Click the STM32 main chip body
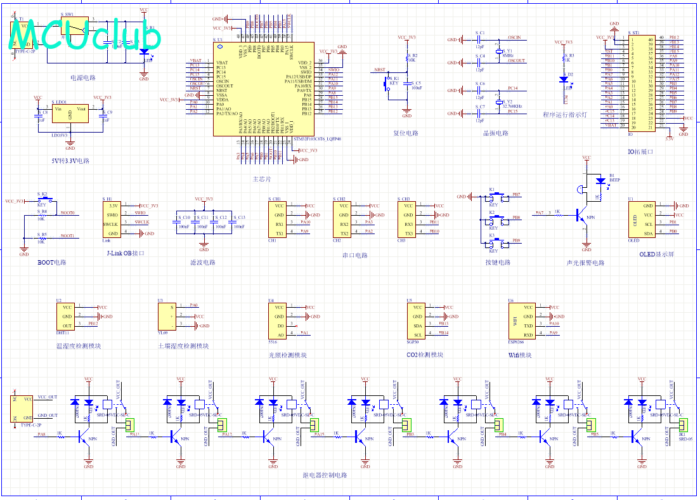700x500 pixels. [263, 89]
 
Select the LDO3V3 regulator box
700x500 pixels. [70, 118]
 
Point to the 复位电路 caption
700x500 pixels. [406, 133]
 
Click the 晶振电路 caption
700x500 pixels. [496, 133]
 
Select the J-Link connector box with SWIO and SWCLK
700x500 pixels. [111, 220]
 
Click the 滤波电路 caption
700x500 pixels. [202, 262]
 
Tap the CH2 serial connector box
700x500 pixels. [342, 220]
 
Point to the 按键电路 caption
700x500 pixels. [497, 262]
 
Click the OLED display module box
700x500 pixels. [641, 220]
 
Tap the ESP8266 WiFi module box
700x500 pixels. [521, 321]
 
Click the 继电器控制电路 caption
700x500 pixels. [325, 475]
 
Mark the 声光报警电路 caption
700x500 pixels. [585, 262]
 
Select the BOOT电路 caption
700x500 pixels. [52, 262]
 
